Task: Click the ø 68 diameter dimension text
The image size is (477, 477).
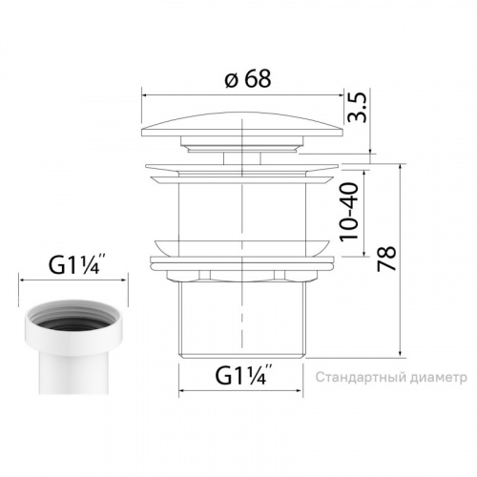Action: tap(248, 78)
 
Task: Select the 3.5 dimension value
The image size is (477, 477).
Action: tap(358, 108)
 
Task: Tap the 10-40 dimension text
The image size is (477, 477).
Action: tap(349, 211)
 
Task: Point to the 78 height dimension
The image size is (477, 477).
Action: tap(386, 259)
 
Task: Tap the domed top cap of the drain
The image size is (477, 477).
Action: tap(242, 125)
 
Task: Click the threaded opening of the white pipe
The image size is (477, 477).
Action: tap(73, 319)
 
